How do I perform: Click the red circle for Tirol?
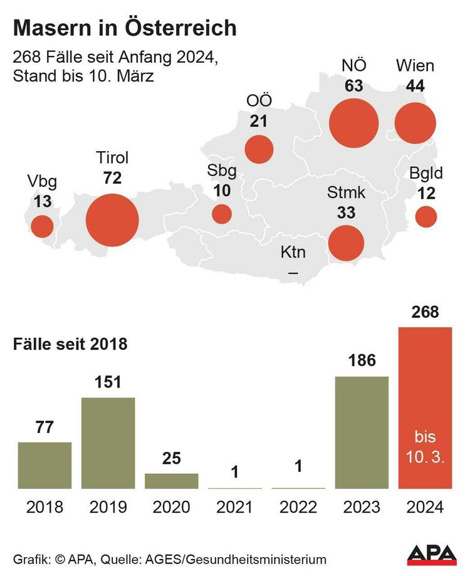[112, 220]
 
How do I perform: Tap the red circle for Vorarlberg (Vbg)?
[43, 226]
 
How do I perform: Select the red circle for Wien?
[415, 123]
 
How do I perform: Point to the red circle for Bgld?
[426, 217]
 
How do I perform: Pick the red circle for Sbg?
[222, 214]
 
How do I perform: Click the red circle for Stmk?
[346, 243]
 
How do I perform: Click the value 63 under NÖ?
[353, 86]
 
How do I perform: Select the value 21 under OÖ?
[259, 121]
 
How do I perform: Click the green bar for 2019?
[108, 442]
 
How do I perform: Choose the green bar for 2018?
[44, 465]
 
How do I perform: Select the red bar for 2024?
[425, 407]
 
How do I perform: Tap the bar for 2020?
[172, 481]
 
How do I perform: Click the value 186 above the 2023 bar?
[362, 360]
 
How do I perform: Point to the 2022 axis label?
[298, 507]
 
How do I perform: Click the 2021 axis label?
[235, 507]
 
